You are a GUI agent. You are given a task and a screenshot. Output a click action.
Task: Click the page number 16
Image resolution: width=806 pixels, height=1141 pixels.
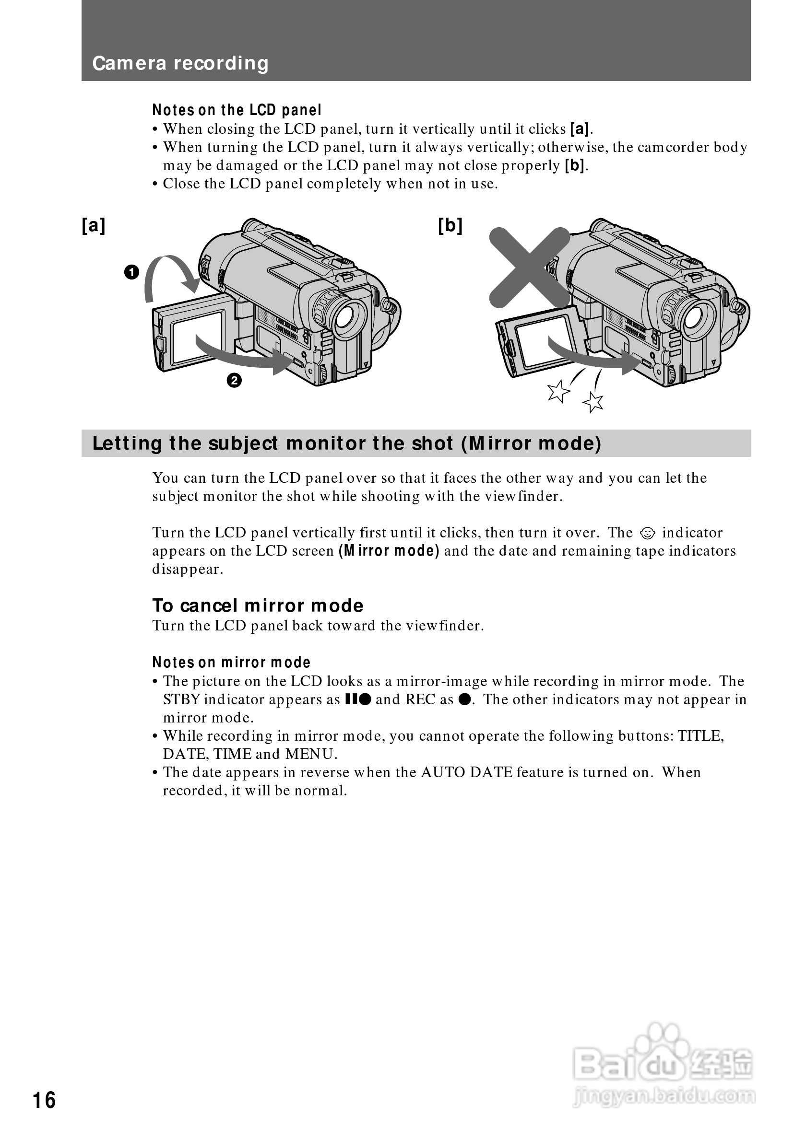(44, 1100)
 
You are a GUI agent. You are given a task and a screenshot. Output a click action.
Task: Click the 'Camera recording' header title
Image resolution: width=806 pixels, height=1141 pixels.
(180, 63)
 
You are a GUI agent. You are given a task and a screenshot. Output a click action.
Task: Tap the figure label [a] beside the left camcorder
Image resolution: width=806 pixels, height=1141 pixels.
(94, 226)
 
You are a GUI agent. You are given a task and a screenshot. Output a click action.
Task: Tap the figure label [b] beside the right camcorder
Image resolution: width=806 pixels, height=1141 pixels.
(450, 226)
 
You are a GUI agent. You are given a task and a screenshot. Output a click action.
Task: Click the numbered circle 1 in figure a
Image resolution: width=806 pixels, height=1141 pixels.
(132, 272)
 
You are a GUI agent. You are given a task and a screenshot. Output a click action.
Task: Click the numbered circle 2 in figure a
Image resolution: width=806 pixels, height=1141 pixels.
(234, 381)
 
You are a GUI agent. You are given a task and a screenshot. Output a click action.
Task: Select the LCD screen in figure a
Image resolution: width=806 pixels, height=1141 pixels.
(197, 338)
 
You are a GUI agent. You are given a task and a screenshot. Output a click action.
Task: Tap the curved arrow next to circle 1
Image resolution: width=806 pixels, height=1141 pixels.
(169, 273)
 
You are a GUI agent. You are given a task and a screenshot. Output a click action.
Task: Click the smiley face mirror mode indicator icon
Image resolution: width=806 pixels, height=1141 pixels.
(647, 533)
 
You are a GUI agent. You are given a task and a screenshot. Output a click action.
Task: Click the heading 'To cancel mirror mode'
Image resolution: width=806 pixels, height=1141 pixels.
(258, 605)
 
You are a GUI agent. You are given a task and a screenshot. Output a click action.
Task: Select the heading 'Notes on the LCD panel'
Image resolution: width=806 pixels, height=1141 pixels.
(237, 110)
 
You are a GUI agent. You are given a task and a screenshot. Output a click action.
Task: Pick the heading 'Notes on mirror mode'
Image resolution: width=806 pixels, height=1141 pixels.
(231, 662)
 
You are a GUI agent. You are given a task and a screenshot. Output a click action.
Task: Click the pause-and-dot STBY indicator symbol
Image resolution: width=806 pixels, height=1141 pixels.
(358, 700)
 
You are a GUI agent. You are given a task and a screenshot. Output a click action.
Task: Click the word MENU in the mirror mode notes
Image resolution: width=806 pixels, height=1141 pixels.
(311, 755)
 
